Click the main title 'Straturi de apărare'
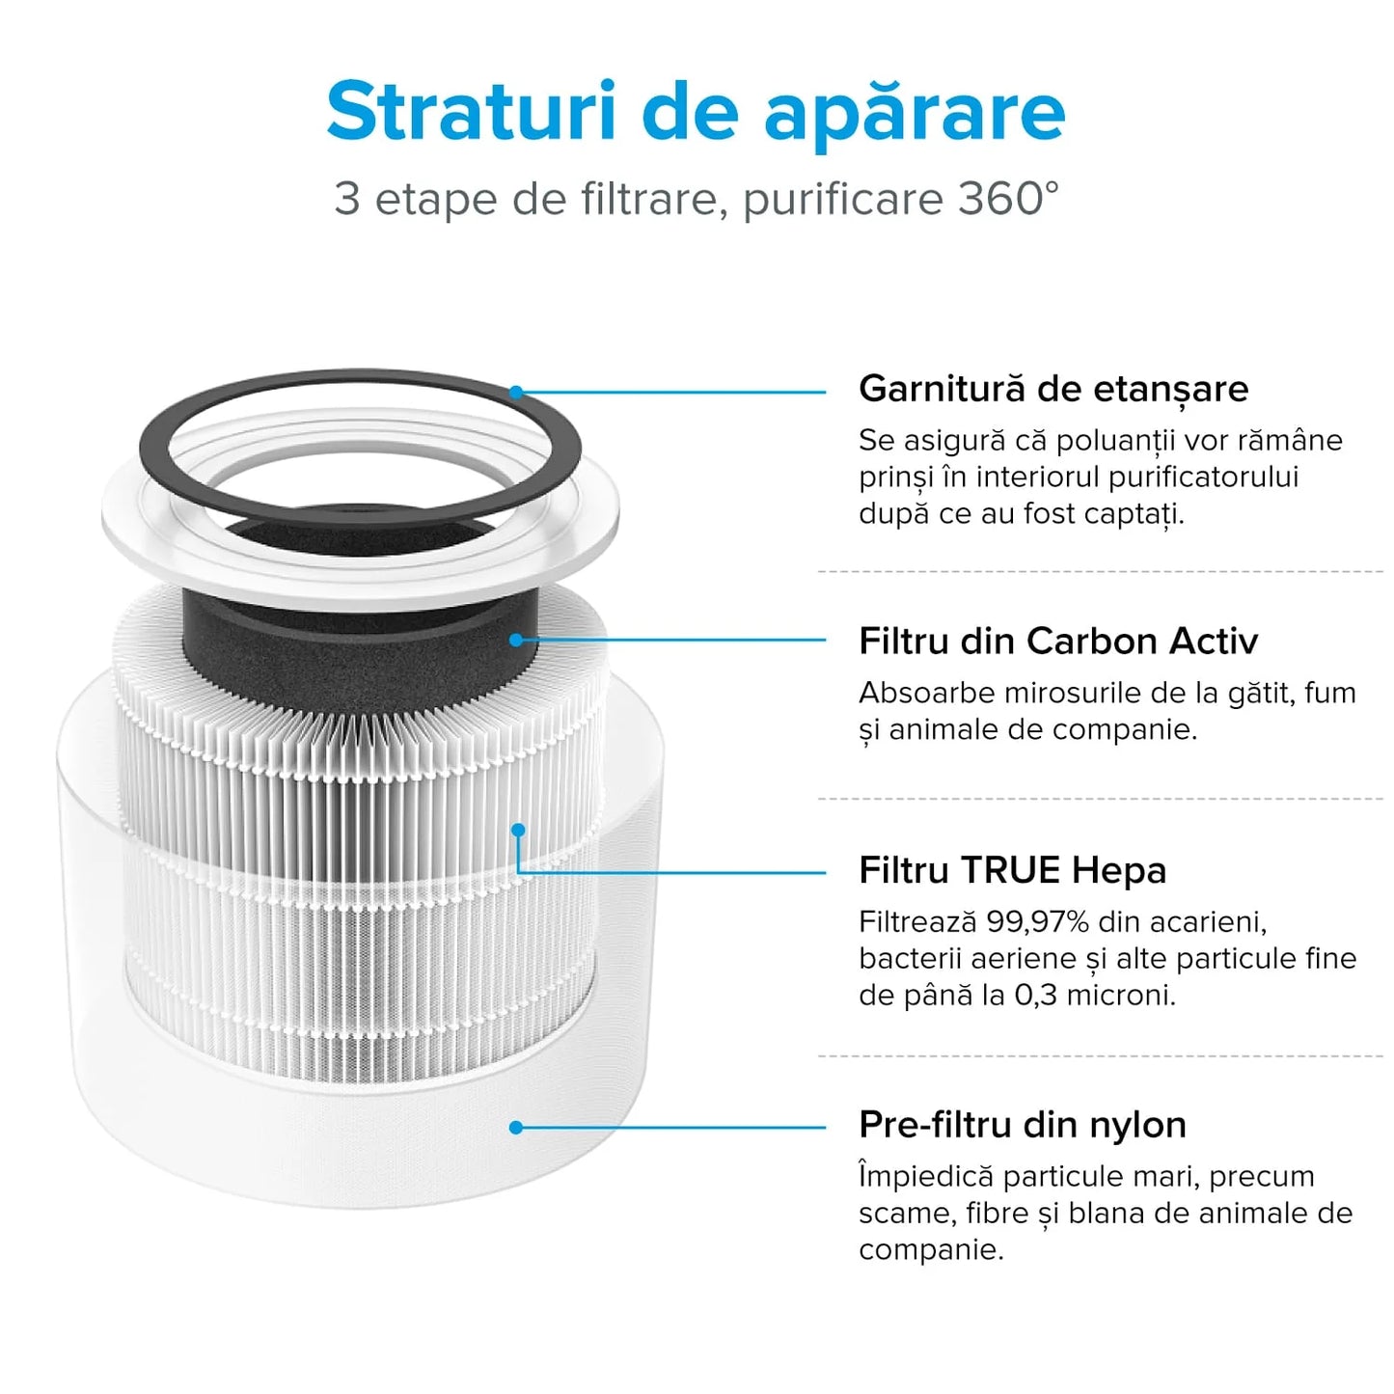pyautogui.click(x=696, y=113)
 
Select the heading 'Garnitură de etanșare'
pyautogui.click(x=1052, y=389)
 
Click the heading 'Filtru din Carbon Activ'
pyautogui.click(x=1057, y=642)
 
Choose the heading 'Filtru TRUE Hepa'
pyautogui.click(x=1012, y=870)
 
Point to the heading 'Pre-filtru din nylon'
pyautogui.click(x=1022, y=1125)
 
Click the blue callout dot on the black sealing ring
pyautogui.click(x=516, y=392)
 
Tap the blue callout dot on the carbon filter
pyautogui.click(x=516, y=640)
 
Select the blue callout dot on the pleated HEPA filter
pyautogui.click(x=518, y=830)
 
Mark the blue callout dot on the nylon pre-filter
pyautogui.click(x=516, y=1127)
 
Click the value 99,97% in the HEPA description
pyautogui.click(x=1037, y=922)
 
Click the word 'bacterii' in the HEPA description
pyautogui.click(x=905, y=959)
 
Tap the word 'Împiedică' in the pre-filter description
pyautogui.click(x=925, y=1177)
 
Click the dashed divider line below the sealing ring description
pyautogui.click(x=1100, y=572)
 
